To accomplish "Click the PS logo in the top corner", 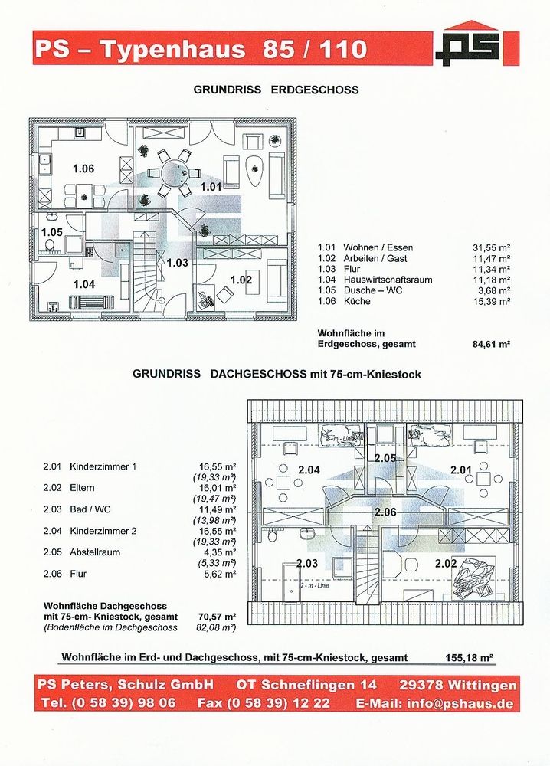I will click(467, 46).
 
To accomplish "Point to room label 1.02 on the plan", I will click(241, 280).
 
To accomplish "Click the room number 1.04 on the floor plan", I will click(83, 284).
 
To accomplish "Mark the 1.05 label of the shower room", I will click(52, 232).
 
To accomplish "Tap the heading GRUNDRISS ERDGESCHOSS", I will click(277, 90).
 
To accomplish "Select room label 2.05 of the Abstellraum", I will click(385, 458).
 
